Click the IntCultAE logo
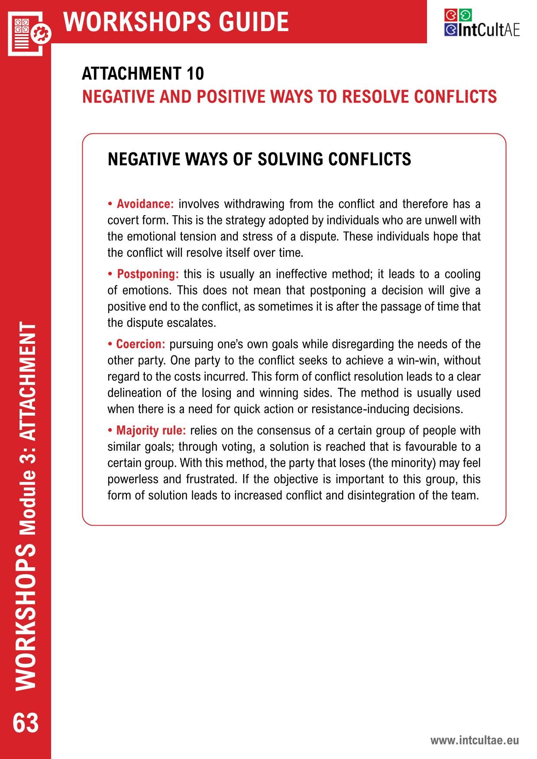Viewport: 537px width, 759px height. tap(482, 23)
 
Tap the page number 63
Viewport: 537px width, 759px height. tap(26, 723)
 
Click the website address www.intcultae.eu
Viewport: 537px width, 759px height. tap(474, 740)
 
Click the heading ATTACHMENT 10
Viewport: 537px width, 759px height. tap(143, 74)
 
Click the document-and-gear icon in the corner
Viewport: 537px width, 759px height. tap(29, 32)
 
